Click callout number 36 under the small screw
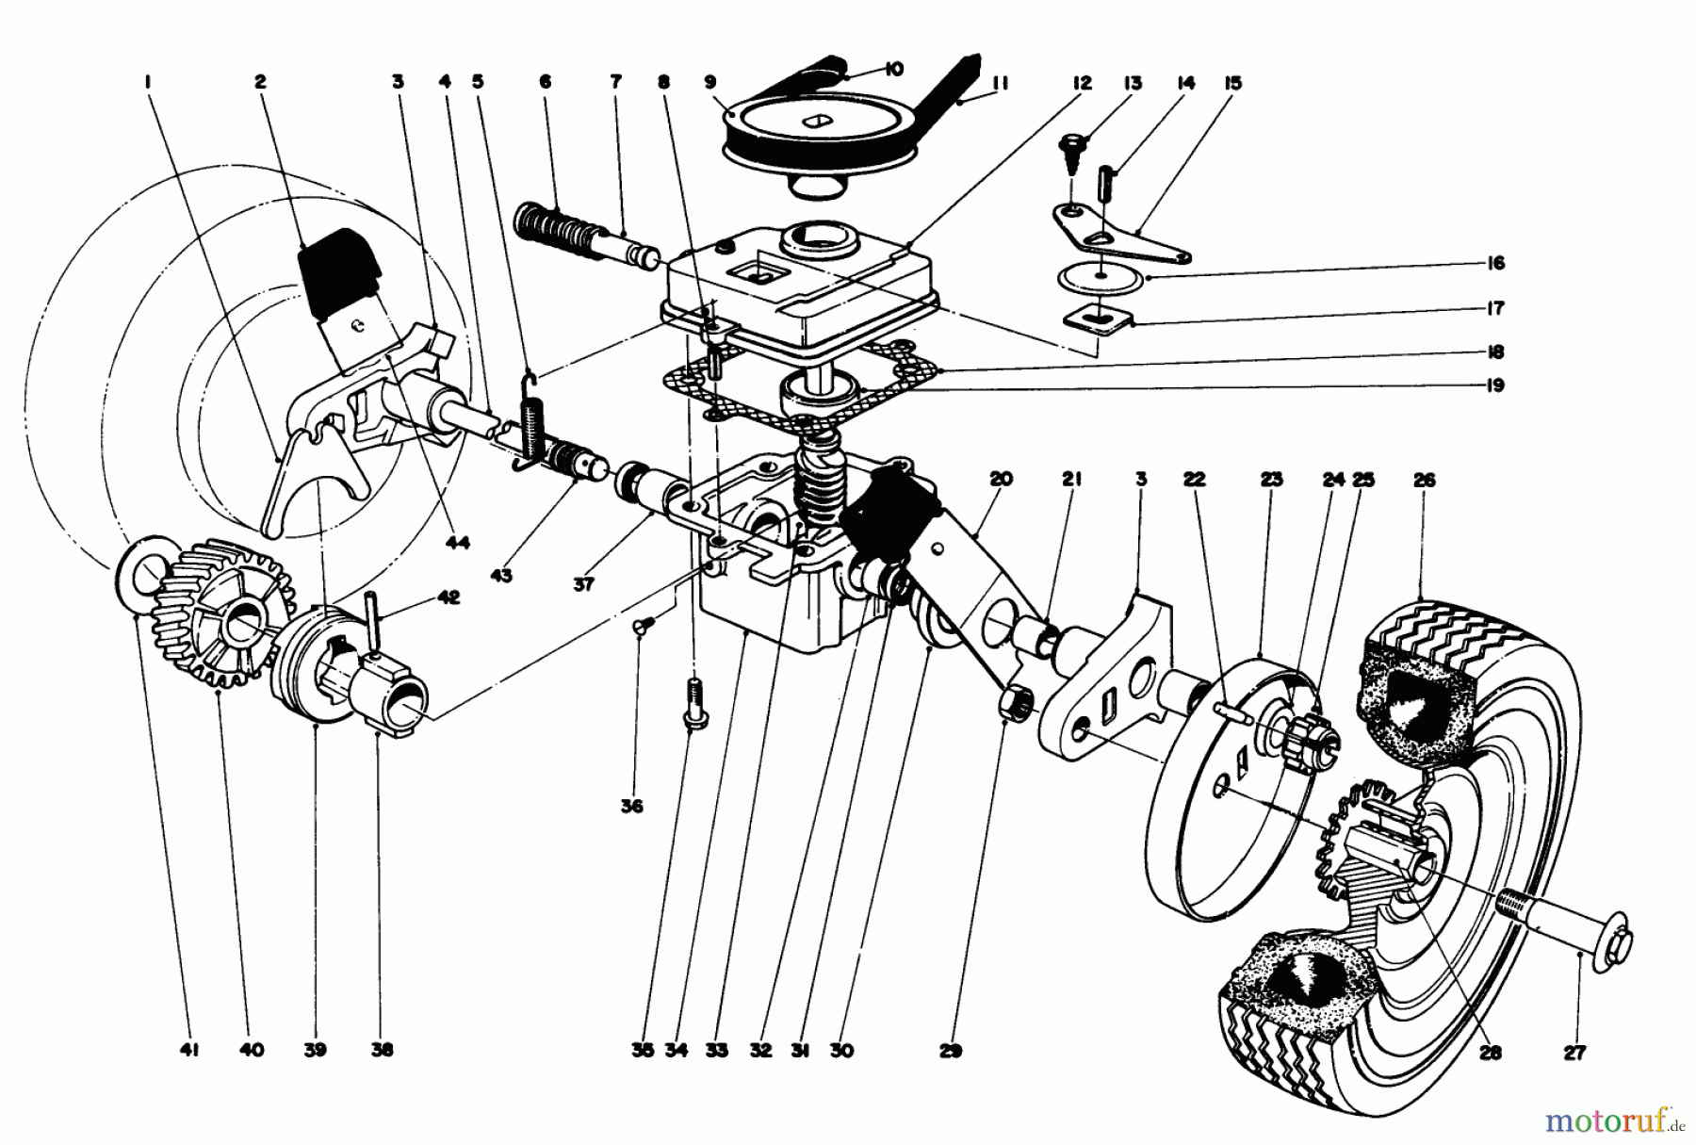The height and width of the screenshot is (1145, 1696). coord(631,807)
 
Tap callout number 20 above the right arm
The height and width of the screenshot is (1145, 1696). coord(1001,480)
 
